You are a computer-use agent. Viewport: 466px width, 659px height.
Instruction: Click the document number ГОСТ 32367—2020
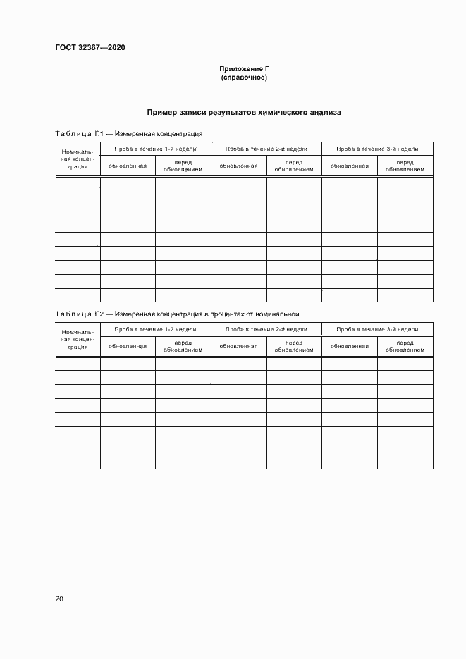(90, 48)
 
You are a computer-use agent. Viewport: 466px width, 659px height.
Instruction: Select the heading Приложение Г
(244, 68)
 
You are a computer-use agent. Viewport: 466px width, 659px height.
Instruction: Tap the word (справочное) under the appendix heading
(244, 77)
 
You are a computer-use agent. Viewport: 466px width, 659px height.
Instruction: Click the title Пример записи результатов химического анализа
(244, 112)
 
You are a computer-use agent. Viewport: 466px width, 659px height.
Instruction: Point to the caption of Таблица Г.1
(129, 133)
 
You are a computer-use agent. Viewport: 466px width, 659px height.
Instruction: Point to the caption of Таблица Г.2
(178, 314)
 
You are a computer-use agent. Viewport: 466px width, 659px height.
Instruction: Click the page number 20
(59, 598)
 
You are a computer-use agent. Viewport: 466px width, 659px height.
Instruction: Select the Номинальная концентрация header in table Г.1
(78, 159)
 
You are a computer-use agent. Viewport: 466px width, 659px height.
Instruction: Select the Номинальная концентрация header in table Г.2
(78, 339)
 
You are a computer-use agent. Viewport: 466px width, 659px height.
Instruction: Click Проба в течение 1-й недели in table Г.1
(155, 149)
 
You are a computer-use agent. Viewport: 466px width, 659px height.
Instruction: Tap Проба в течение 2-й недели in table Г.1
(266, 149)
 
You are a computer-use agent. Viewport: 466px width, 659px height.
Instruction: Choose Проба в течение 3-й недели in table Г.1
(377, 149)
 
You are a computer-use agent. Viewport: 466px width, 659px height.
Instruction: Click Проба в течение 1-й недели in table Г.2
(155, 329)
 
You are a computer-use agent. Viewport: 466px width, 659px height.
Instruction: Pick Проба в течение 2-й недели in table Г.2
(266, 329)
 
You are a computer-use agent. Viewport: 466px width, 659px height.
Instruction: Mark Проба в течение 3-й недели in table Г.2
(377, 329)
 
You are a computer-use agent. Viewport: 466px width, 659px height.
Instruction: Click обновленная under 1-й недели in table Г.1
(128, 166)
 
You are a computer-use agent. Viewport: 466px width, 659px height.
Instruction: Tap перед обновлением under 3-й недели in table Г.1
(405, 166)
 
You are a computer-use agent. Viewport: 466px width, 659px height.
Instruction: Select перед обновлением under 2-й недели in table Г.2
(294, 346)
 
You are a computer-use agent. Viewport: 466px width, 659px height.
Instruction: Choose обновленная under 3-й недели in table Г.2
(350, 346)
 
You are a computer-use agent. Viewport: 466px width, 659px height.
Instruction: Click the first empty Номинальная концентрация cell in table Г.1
(78, 183)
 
